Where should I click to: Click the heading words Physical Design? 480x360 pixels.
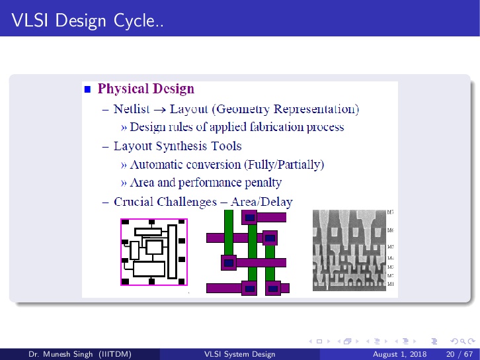[x=145, y=89]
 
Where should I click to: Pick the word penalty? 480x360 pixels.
[x=260, y=182]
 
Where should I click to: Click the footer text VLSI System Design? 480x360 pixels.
[x=240, y=355]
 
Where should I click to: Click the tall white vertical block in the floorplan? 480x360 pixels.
[x=173, y=251]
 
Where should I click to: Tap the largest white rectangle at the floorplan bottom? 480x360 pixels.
[x=149, y=269]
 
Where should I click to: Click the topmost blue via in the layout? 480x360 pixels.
[x=250, y=217]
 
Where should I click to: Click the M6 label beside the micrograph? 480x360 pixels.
[x=391, y=230]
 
